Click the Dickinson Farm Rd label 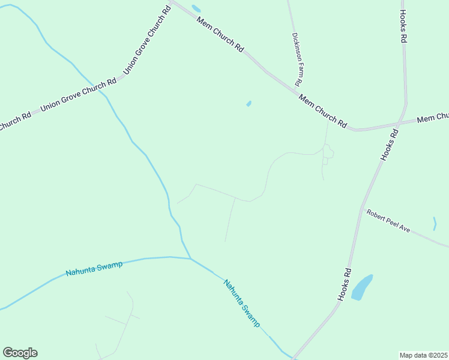[296, 59]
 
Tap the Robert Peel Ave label [388, 221]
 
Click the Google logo [20, 353]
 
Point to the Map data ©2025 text [424, 355]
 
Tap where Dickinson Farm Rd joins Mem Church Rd [298, 90]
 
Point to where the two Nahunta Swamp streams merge [190, 259]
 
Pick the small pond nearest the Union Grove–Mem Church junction [196, 8]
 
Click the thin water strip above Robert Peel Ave [435, 223]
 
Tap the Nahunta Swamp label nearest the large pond [242, 302]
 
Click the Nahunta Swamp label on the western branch [94, 269]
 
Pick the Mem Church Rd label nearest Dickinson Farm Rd [323, 112]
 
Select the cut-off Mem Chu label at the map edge [433, 118]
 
